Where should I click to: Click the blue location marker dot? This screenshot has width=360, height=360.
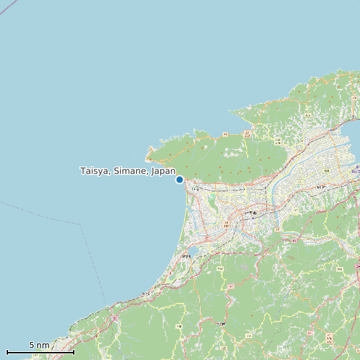(179, 179)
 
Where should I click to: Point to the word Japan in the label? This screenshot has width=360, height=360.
(163, 171)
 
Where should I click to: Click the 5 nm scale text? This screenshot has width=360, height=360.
(39, 345)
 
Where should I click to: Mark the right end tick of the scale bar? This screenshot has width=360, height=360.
(74, 351)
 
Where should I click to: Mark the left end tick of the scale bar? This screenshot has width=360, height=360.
(7, 351)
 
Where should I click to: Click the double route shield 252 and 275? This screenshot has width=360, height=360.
(278, 141)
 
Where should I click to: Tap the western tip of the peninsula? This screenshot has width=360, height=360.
(147, 158)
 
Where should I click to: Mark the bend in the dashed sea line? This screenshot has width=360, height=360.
(81, 225)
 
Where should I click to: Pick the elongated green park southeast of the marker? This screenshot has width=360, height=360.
(212, 198)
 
